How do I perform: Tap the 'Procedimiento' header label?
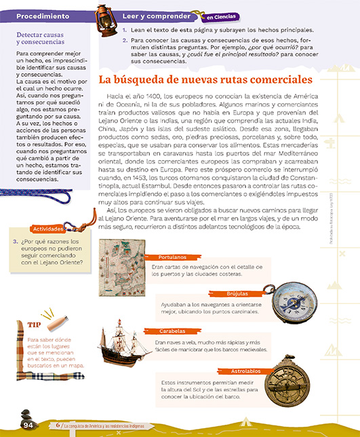pyautogui.click(x=39, y=15)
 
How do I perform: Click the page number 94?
pyautogui.click(x=28, y=425)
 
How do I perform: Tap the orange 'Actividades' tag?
pyautogui.click(x=47, y=229)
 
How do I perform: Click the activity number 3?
pyautogui.click(x=15, y=241)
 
